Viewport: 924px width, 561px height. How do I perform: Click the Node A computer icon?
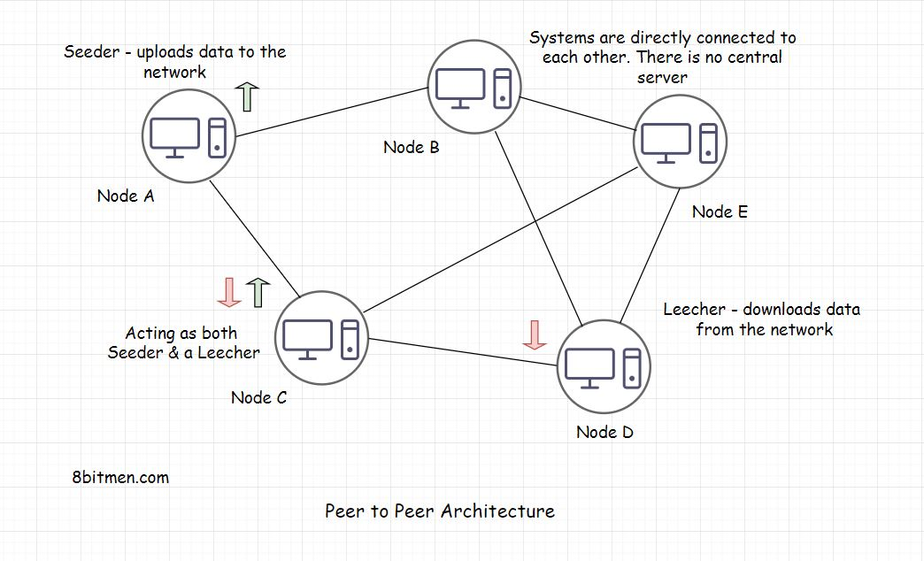[189, 136]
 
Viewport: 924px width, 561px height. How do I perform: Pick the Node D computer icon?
[604, 365]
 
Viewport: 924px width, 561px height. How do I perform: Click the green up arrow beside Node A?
[247, 96]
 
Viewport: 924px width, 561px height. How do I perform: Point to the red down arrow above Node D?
[534, 334]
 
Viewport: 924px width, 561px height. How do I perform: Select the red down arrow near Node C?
[229, 292]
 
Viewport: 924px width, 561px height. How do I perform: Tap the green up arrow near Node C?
[258, 292]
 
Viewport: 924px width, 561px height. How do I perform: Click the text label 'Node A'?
[126, 196]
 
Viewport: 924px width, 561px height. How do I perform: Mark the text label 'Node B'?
[411, 147]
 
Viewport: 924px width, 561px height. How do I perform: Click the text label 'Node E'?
[720, 211]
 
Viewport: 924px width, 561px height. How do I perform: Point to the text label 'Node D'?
[604, 432]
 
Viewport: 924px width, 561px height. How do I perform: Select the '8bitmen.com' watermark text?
[120, 477]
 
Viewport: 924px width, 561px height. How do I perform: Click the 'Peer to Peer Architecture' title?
[440, 511]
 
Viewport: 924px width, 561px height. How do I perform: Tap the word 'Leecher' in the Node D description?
[697, 310]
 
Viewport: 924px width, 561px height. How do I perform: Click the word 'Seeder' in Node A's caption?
[91, 52]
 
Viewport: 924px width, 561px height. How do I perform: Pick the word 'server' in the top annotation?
[662, 77]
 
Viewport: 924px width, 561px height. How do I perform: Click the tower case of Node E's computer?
[707, 142]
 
